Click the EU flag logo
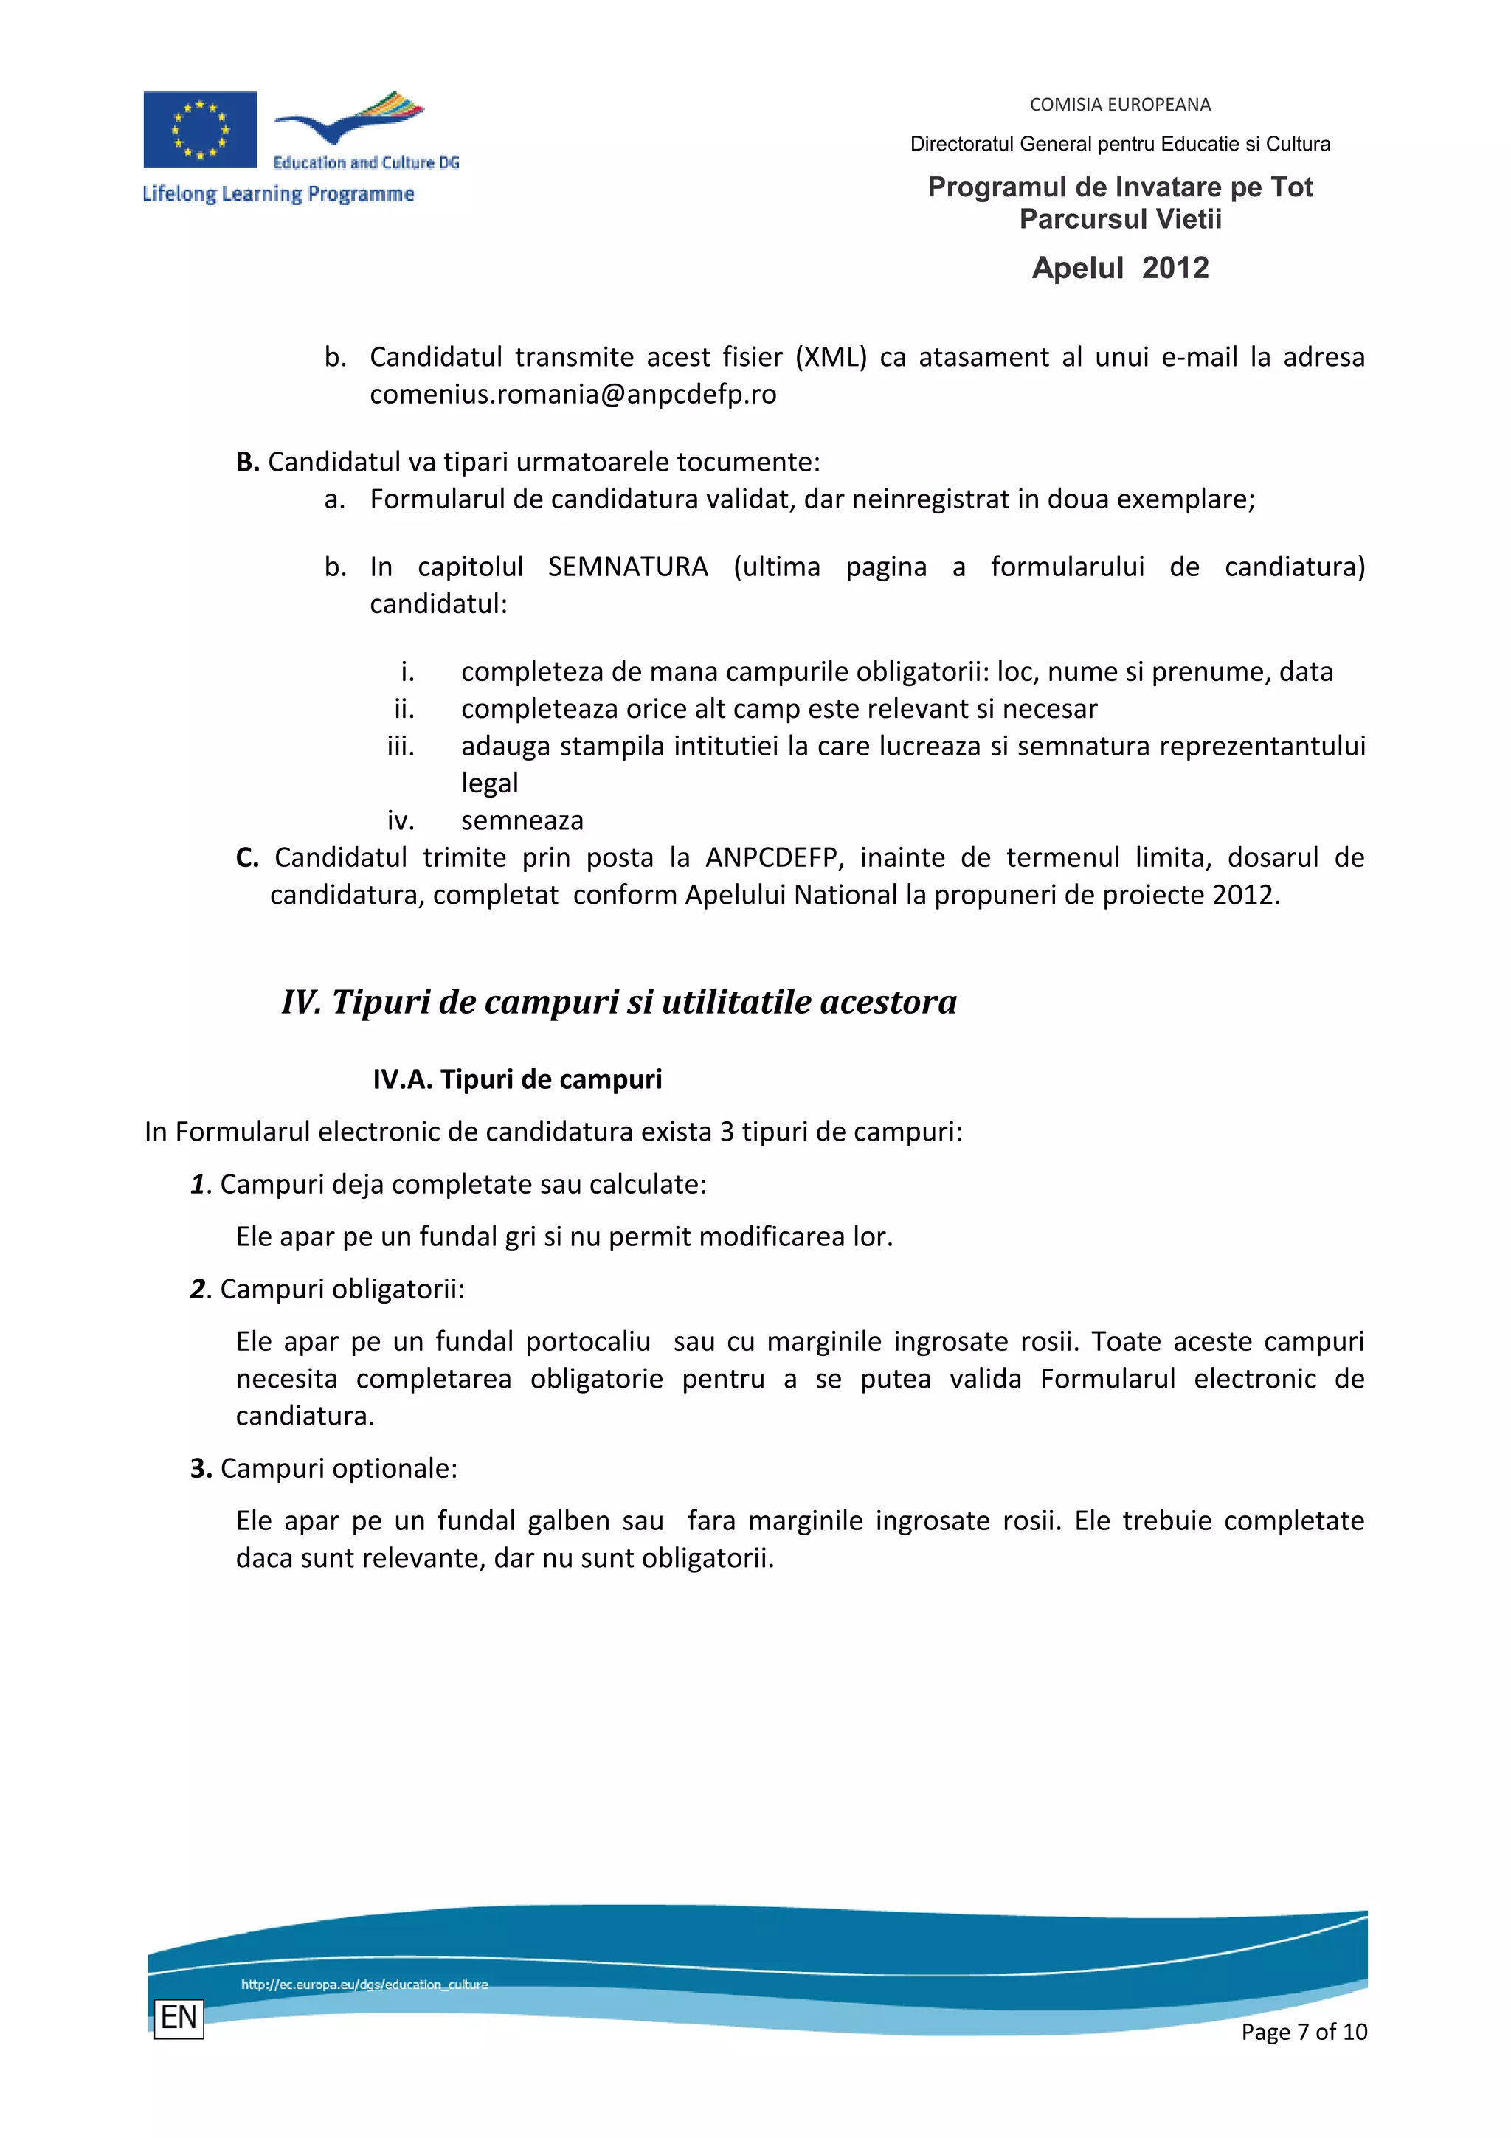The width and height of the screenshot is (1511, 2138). coord(199,129)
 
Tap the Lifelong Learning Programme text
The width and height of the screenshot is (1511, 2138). coord(277,194)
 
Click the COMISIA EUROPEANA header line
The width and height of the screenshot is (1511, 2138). coord(1119,104)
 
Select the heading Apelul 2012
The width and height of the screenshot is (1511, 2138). coord(1119,269)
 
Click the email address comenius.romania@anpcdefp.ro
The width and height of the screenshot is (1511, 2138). coord(573,394)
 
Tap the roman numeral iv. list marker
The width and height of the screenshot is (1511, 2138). coord(401,820)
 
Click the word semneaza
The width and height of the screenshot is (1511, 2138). coord(522,820)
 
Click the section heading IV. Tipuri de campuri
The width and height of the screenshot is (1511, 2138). coord(619,1002)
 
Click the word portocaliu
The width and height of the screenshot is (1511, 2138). coord(587,1341)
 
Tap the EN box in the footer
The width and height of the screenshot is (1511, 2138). coord(179,2018)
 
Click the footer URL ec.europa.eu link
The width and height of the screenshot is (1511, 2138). coord(364,1985)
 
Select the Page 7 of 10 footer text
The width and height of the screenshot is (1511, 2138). coord(1304,2032)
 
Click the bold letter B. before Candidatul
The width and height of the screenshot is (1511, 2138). coord(246,462)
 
